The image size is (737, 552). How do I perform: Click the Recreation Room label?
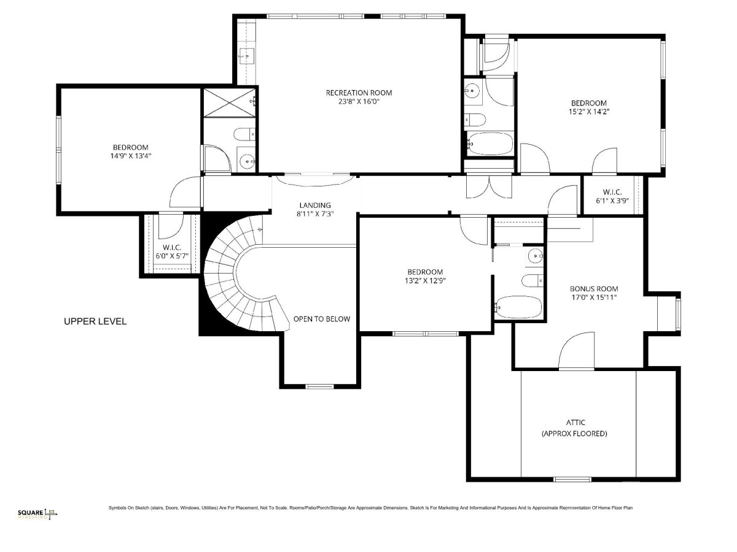[x=359, y=93]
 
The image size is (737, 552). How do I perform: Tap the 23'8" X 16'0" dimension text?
[x=359, y=102]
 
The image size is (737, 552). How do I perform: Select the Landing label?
[x=315, y=205]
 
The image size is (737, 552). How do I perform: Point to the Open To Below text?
[x=322, y=319]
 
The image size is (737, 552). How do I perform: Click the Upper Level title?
[x=95, y=321]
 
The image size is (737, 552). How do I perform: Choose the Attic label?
[x=575, y=423]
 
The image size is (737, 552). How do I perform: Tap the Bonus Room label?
[x=594, y=288]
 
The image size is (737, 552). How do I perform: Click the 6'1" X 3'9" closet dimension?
[x=612, y=201]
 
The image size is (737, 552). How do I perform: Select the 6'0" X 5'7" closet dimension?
[x=172, y=256]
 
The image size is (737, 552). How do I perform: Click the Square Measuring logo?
[x=37, y=513]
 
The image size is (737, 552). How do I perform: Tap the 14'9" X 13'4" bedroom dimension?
[x=131, y=156]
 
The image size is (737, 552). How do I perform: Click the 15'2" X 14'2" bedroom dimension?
[x=588, y=112]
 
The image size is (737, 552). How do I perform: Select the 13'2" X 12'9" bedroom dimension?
[x=425, y=280]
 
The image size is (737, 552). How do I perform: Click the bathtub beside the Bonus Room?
[x=519, y=307]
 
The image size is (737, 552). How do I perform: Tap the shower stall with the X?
[x=230, y=102]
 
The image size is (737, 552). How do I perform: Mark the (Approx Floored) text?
[x=574, y=434]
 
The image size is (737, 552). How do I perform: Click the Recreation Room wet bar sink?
[x=247, y=56]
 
